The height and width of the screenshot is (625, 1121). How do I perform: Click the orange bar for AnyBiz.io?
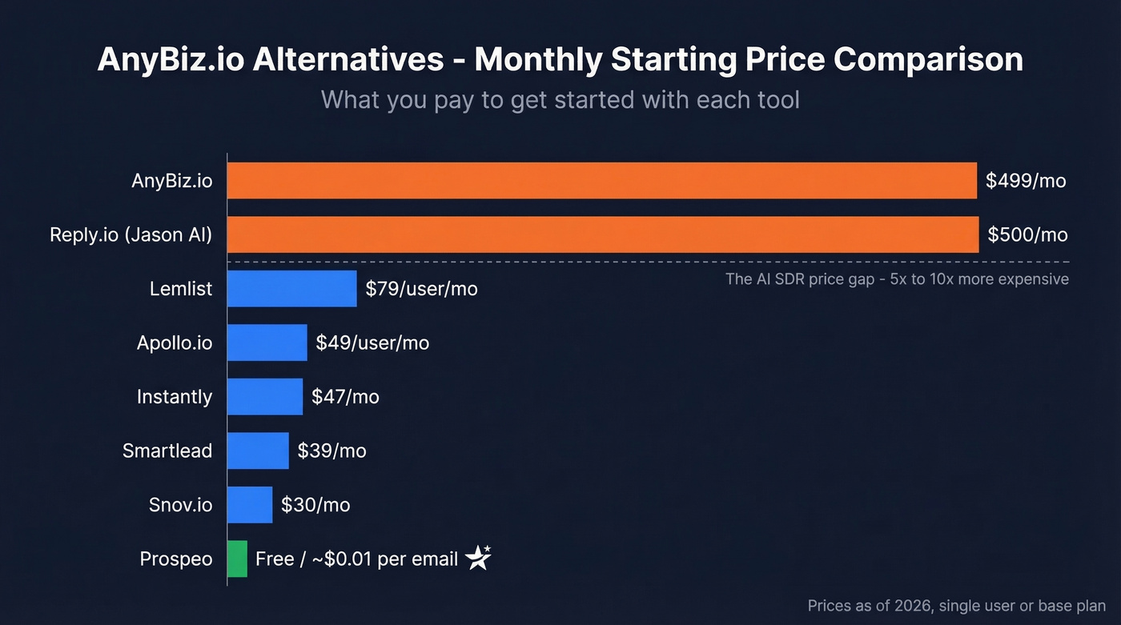pyautogui.click(x=601, y=181)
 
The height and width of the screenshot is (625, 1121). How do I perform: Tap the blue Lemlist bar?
pyautogui.click(x=291, y=288)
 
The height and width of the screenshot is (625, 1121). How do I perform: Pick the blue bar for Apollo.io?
pyautogui.click(x=267, y=343)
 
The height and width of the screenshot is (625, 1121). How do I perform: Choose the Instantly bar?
pyautogui.click(x=264, y=396)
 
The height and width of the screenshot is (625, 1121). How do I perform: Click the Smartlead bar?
pyautogui.click(x=257, y=451)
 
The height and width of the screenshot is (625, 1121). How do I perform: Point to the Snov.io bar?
pyautogui.click(x=249, y=504)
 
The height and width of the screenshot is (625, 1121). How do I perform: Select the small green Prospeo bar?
pyautogui.click(x=237, y=559)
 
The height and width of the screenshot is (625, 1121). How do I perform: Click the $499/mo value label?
pyautogui.click(x=1026, y=181)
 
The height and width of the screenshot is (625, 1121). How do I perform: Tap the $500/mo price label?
pyautogui.click(x=1027, y=234)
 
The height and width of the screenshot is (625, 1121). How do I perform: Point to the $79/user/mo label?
pyautogui.click(x=421, y=288)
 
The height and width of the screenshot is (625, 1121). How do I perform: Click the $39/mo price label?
pyautogui.click(x=331, y=451)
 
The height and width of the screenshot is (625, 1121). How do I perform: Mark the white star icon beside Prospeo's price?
pyautogui.click(x=479, y=558)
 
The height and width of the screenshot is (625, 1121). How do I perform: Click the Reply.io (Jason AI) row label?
pyautogui.click(x=131, y=234)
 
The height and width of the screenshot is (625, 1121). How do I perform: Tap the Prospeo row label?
pyautogui.click(x=176, y=559)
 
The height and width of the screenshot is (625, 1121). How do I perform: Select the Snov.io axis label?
pyautogui.click(x=180, y=504)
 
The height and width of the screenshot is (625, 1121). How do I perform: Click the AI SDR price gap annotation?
pyautogui.click(x=897, y=279)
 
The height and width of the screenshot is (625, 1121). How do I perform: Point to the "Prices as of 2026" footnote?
pyautogui.click(x=956, y=606)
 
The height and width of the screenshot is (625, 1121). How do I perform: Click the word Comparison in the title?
pyautogui.click(x=928, y=61)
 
